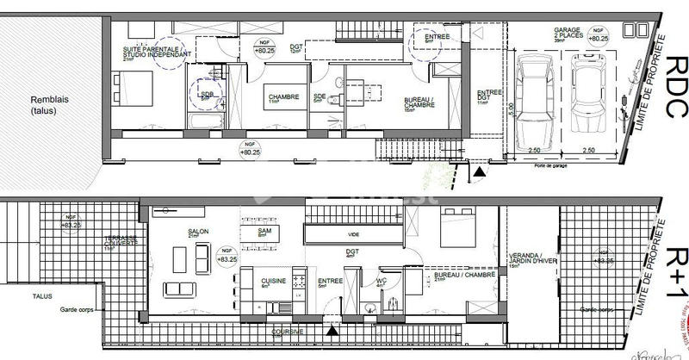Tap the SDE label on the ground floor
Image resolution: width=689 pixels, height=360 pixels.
click(319, 96)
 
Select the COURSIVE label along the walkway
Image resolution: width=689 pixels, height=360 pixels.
click(286, 331)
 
